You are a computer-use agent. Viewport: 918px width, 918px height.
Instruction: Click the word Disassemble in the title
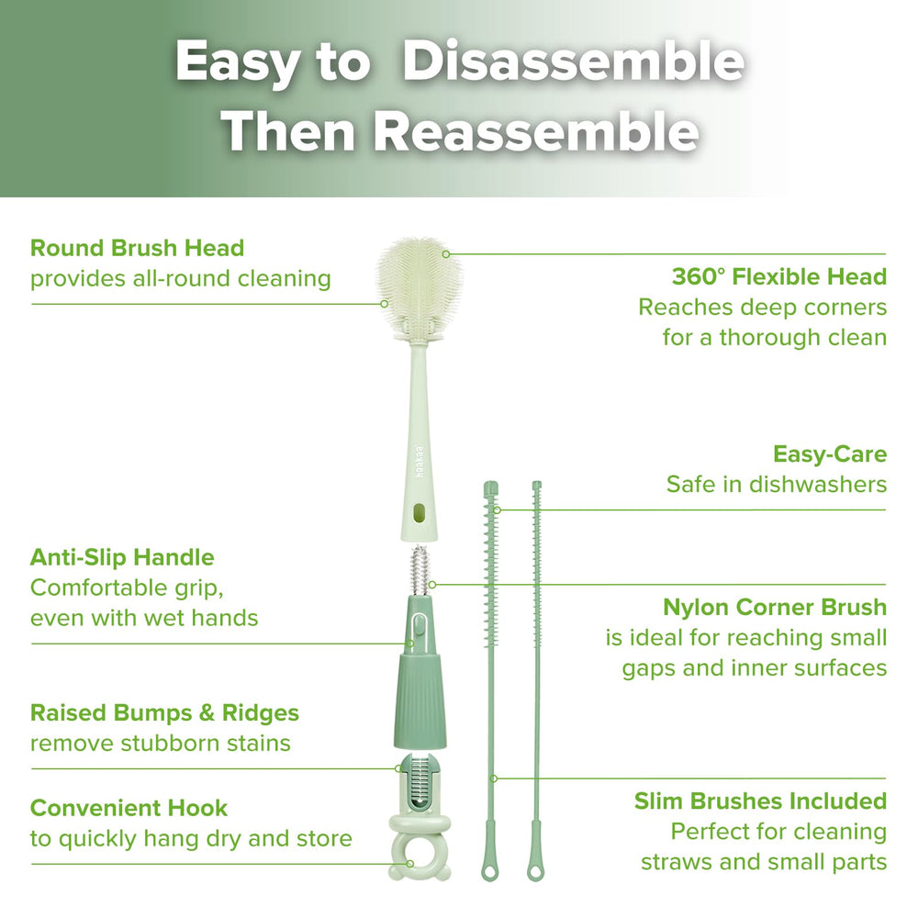pyautogui.click(x=573, y=62)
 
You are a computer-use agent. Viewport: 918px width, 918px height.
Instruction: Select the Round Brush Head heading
pyautogui.click(x=137, y=248)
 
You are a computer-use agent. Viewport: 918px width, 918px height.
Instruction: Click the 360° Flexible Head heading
pyautogui.click(x=778, y=276)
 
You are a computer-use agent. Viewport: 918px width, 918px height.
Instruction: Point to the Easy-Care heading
pyautogui.click(x=830, y=453)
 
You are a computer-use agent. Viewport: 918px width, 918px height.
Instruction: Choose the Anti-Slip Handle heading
pyautogui.click(x=122, y=557)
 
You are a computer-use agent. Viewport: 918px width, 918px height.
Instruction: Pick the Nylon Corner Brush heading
pyautogui.click(x=774, y=607)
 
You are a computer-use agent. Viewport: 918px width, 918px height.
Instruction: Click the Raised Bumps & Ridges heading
pyautogui.click(x=164, y=712)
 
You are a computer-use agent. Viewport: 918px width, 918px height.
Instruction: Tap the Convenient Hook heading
pyautogui.click(x=129, y=808)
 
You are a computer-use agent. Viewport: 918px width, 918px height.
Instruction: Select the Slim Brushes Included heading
pyautogui.click(x=760, y=801)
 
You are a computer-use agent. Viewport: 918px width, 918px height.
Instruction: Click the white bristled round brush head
pyautogui.click(x=420, y=284)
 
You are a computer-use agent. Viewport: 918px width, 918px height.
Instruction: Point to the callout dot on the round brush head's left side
pyautogui.click(x=384, y=302)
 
